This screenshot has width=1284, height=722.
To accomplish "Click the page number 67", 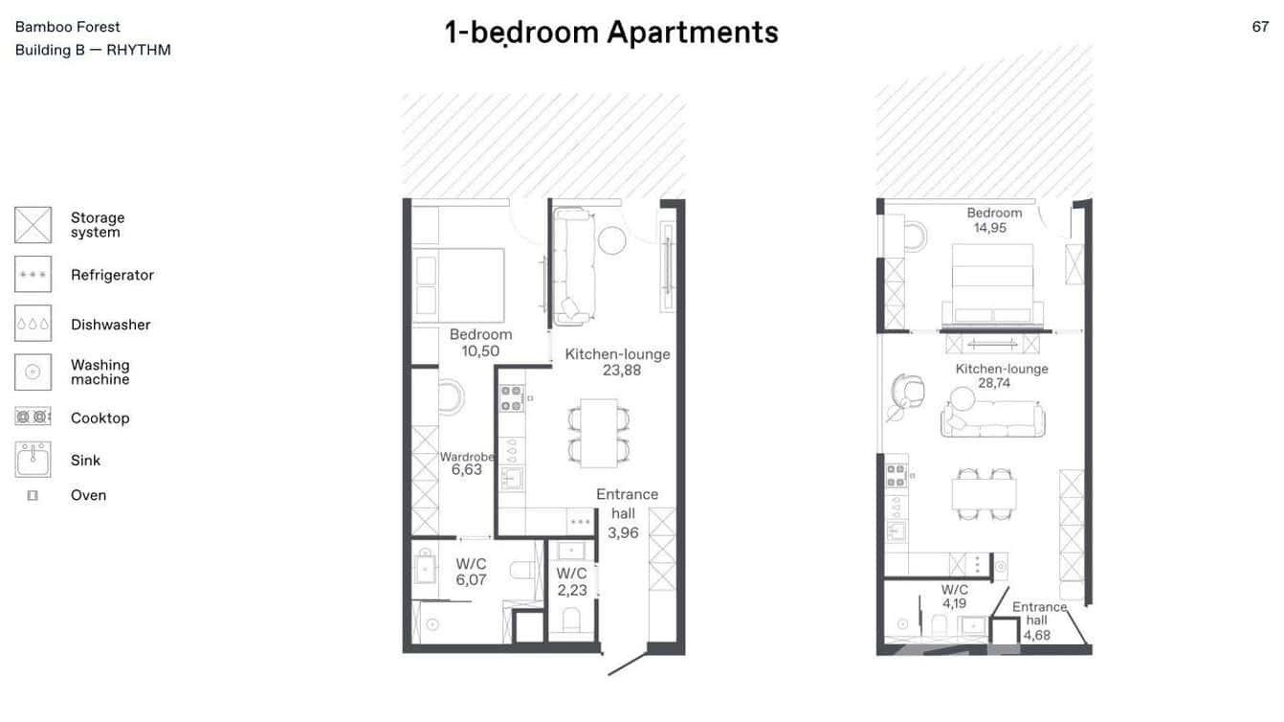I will [1260, 27].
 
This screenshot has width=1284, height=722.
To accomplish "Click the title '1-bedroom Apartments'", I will [611, 33].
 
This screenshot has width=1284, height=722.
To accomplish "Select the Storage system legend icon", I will [33, 225].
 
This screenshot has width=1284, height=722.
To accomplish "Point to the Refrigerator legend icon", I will [33, 275].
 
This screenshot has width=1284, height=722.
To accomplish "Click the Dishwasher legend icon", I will [33, 325].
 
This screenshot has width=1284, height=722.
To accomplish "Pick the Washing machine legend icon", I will [33, 372].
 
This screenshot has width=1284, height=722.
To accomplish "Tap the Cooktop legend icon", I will [33, 417].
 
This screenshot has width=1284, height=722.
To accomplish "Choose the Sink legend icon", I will [33, 460].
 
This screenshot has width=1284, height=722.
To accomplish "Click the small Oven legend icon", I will [33, 495].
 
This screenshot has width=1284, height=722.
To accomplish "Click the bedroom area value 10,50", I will [480, 351].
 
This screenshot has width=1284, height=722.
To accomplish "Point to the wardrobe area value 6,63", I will [466, 470].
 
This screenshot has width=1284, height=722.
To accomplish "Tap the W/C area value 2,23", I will [572, 590].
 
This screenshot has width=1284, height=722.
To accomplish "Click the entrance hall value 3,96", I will [623, 532].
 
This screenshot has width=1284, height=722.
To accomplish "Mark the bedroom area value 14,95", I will [989, 228].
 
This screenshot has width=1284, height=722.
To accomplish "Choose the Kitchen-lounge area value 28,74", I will [994, 383].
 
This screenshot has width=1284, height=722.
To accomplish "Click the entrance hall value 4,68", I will [1036, 634].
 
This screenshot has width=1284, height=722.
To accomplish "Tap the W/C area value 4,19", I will [954, 603].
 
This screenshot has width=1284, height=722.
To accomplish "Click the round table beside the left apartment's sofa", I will [611, 239].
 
